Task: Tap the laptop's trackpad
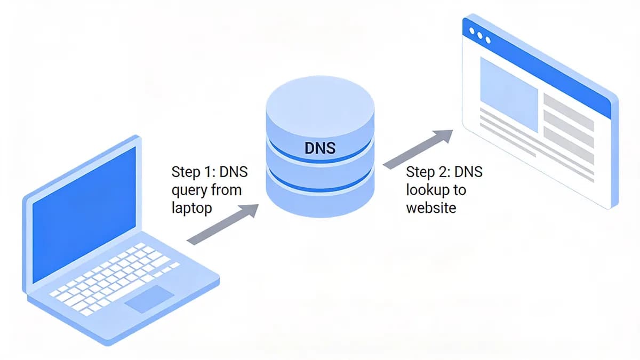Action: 149,299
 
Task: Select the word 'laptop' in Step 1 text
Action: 191,207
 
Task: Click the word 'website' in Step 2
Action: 431,207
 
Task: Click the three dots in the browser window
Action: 479,36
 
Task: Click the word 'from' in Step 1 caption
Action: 227,190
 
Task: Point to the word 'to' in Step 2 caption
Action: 459,190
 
